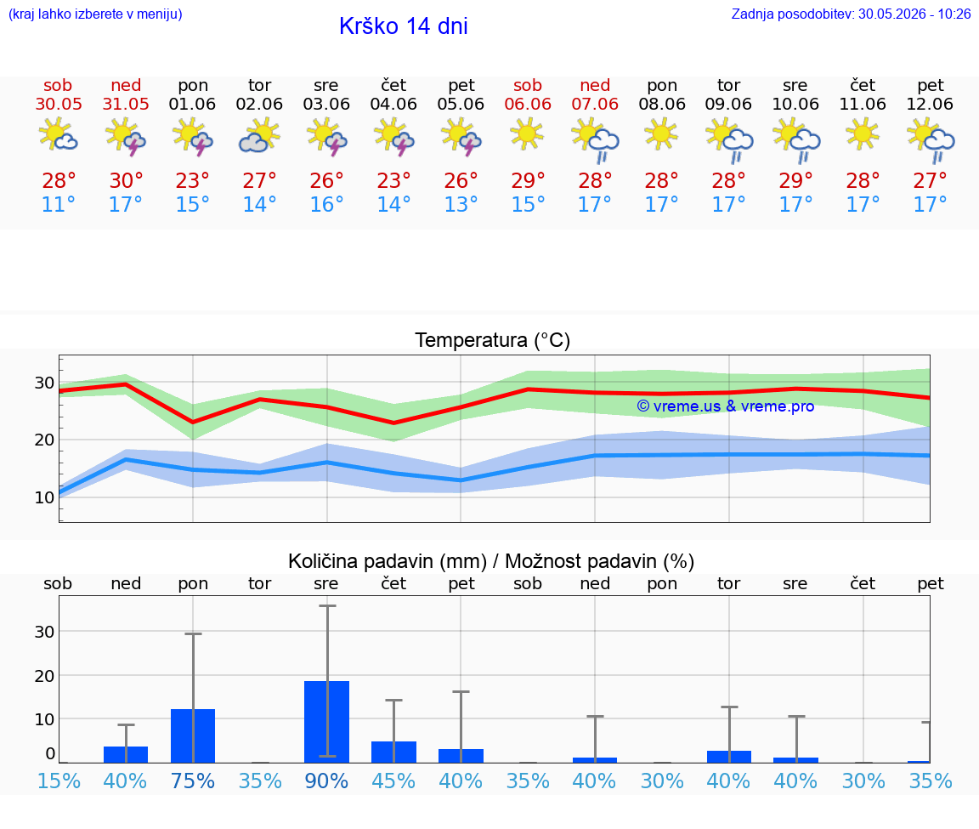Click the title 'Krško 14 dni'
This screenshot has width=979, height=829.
404,26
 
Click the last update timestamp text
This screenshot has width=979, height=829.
851,14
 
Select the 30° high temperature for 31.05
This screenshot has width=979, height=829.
126,180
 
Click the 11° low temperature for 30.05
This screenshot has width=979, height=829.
58,204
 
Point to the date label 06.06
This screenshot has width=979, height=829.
528,104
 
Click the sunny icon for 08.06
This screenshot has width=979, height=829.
661,134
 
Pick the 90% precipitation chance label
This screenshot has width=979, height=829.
326,781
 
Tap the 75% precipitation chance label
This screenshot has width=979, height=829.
192,781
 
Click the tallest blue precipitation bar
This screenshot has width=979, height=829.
326,722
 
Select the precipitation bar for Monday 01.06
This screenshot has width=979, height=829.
193,736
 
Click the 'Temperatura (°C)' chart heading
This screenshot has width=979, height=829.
493,340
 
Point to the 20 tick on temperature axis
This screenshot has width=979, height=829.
44,440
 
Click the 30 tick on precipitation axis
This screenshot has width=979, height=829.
44,632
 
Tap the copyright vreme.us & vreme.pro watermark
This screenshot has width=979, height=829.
726,406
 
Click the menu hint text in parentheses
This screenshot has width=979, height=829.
95,14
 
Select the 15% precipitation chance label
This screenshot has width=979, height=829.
59,781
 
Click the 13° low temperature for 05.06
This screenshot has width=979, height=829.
461,204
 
